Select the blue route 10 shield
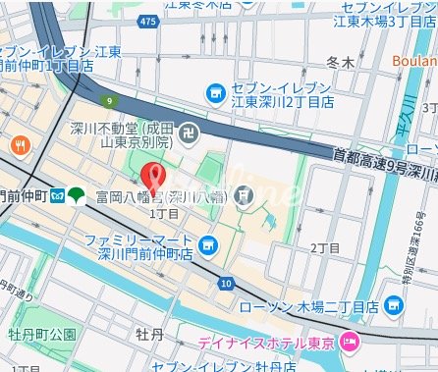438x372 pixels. tap(227, 283)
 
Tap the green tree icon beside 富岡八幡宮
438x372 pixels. tap(79, 195)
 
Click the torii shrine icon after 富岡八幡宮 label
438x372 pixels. tap(244, 196)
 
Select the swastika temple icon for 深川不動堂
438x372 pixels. tap(192, 131)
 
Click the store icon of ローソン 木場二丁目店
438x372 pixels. tap(392, 310)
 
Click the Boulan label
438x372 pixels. tap(416, 58)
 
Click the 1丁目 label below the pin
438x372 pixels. tap(162, 212)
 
